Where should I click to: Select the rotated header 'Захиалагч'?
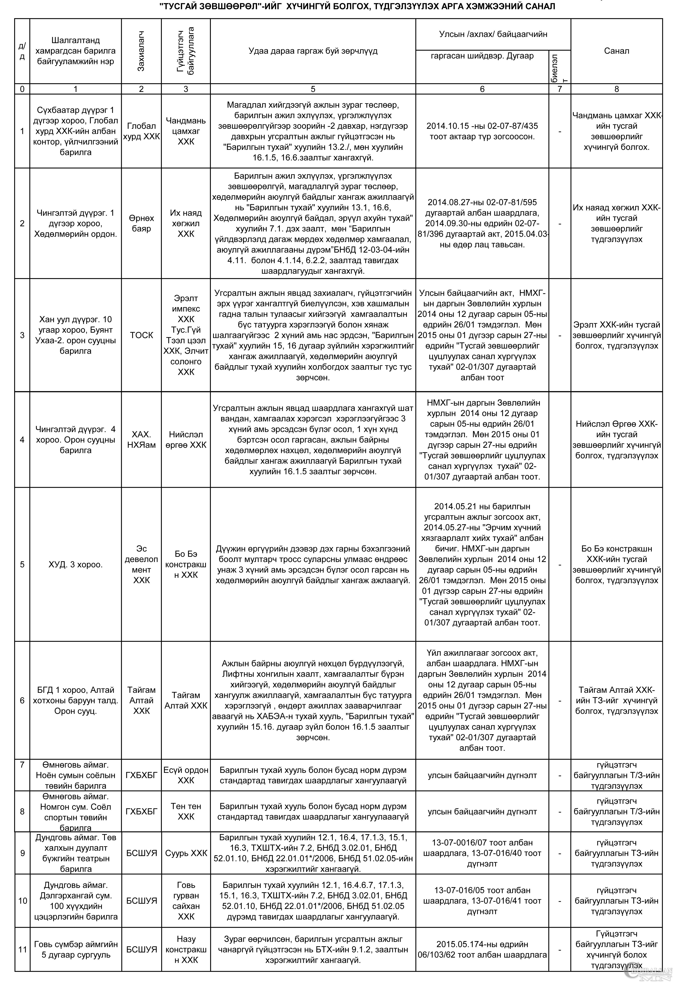click(x=141, y=51)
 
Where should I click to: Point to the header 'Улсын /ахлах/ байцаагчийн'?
click(x=493, y=34)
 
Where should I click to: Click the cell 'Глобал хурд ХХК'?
click(x=141, y=131)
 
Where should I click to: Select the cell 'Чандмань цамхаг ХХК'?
click(x=186, y=131)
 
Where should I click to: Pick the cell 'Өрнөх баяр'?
click(x=141, y=224)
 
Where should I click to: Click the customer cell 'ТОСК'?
click(x=141, y=335)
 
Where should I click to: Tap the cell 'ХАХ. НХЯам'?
click(x=141, y=439)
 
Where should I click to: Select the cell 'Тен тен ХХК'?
click(x=186, y=811)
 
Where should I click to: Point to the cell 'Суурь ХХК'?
click(x=186, y=853)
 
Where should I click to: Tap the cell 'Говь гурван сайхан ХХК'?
click(x=186, y=901)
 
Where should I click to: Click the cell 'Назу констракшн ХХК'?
click(x=186, y=949)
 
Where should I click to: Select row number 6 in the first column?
click(x=22, y=700)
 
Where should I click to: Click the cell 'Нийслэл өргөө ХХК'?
click(x=186, y=439)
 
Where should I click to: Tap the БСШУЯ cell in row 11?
click(x=141, y=949)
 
